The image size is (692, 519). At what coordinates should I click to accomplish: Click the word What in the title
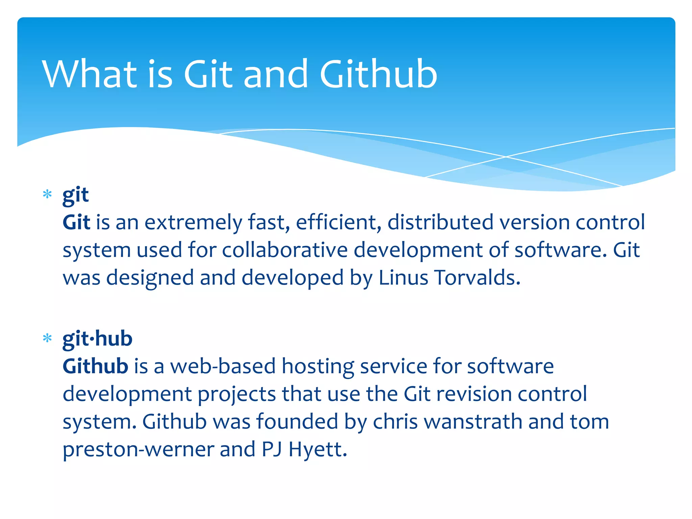pyautogui.click(x=90, y=74)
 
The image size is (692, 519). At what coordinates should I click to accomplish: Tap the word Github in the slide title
pyautogui.click(x=378, y=74)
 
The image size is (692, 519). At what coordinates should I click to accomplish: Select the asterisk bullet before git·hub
pyautogui.click(x=47, y=338)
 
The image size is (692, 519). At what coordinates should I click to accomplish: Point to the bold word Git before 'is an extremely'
pyautogui.click(x=76, y=222)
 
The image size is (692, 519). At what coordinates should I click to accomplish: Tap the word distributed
pyautogui.click(x=440, y=222)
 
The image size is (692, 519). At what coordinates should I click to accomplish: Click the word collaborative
pyautogui.click(x=285, y=250)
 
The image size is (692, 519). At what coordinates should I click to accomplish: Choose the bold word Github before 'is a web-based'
pyautogui.click(x=95, y=366)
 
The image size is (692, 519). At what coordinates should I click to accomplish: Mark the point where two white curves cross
pyautogui.click(x=506, y=157)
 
